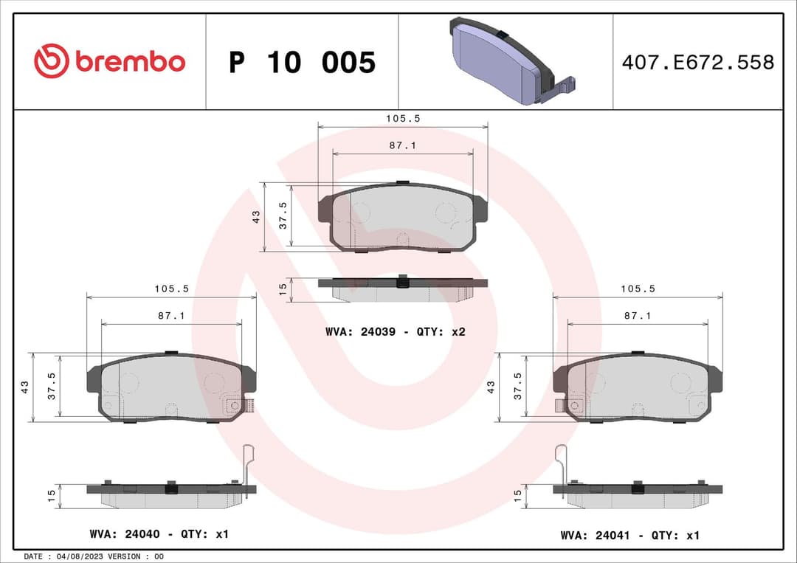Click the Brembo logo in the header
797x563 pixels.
[x=109, y=61]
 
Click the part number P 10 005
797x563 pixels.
[x=302, y=63]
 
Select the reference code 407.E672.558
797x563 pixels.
[x=697, y=62]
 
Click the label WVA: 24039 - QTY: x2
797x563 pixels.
[x=395, y=332]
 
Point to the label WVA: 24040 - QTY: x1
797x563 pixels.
[x=159, y=533]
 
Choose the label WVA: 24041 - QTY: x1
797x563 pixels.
[x=629, y=536]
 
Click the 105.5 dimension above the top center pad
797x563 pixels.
[x=402, y=118]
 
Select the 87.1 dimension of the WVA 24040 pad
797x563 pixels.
[x=170, y=315]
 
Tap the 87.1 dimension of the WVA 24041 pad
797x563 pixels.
[x=637, y=315]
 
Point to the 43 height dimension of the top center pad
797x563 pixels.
[x=256, y=217]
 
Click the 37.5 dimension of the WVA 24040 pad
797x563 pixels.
[x=51, y=385]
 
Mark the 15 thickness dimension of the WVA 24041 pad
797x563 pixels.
[x=517, y=494]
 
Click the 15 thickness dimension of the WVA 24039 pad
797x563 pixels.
[x=282, y=289]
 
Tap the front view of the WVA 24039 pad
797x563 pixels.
[x=402, y=218]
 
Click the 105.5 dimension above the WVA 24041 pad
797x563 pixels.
[x=637, y=289]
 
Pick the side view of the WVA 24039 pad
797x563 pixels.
[x=402, y=289]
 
